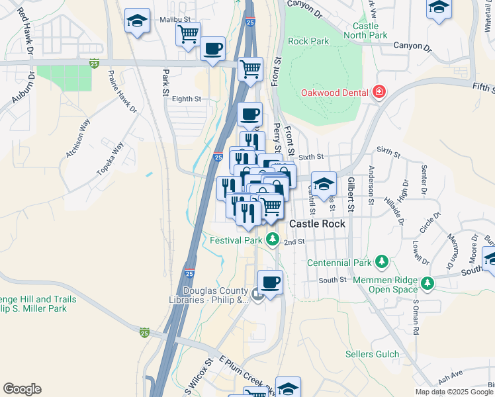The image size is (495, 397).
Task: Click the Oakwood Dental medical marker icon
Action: point(379,92)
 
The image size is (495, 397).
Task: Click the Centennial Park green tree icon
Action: point(381,263)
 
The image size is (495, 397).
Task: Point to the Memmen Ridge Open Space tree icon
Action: point(428,284)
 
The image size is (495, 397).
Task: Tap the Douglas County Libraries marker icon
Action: point(257,293)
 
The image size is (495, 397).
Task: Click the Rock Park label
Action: point(308,41)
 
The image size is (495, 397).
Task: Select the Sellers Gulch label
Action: point(373,355)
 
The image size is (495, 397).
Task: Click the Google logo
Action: point(22,389)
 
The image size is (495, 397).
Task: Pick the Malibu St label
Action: point(175,20)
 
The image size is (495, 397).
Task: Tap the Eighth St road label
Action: point(186,99)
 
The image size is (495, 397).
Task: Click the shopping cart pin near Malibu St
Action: point(189,33)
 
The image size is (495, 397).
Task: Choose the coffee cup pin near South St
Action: point(270,283)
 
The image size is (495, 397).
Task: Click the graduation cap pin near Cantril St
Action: point(324,183)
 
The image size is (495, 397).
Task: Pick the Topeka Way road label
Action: point(110,158)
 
